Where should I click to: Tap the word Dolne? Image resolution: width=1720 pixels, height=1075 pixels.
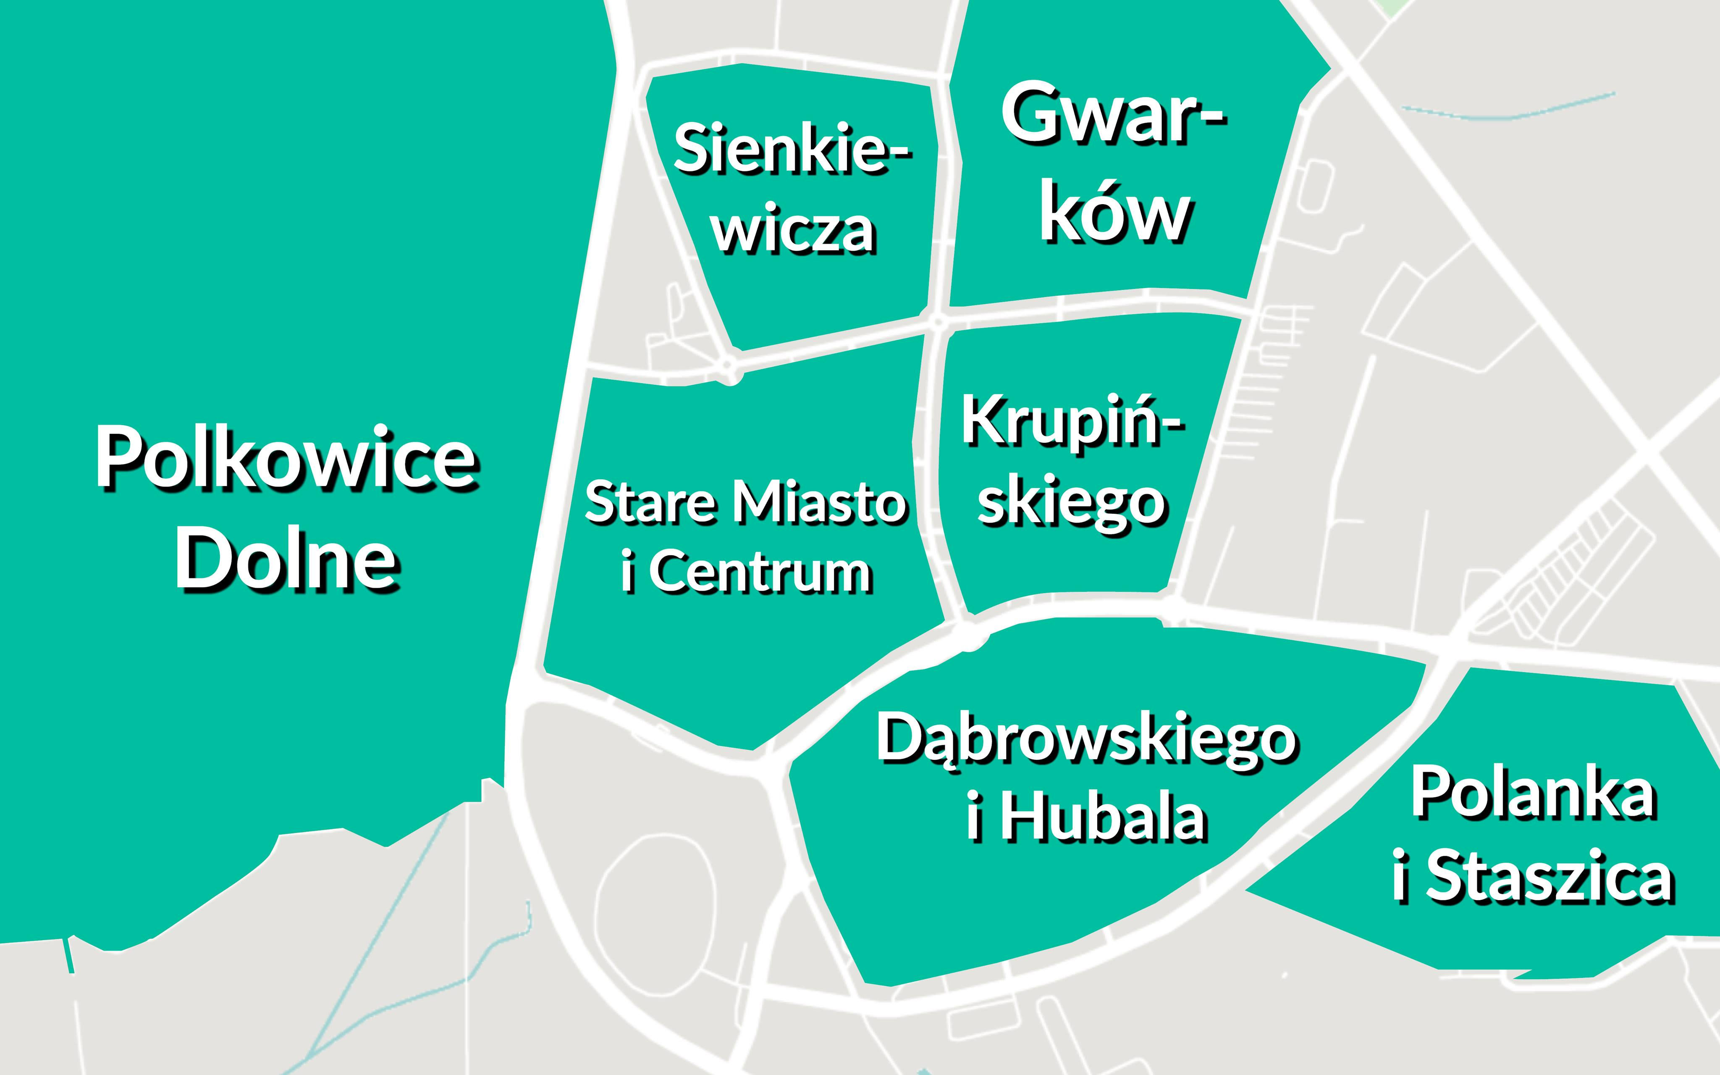point(286,560)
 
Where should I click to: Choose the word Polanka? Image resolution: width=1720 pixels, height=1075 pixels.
point(1533,794)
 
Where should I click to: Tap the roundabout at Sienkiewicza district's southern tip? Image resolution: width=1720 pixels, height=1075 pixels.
point(728,367)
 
